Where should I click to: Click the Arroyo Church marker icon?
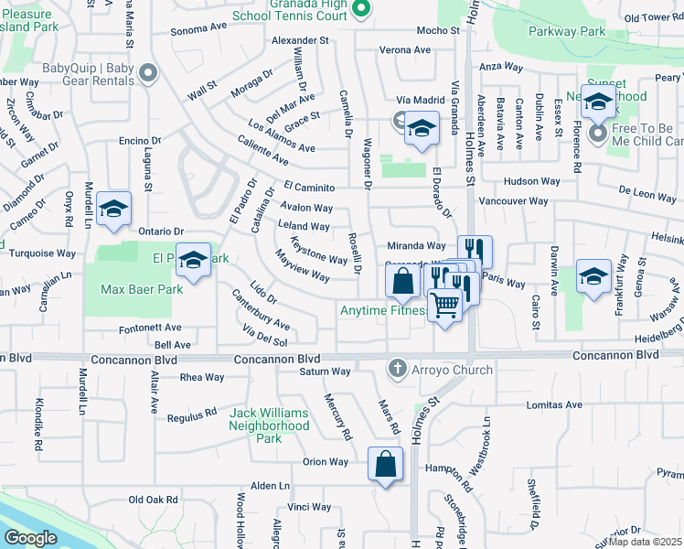click(397, 370)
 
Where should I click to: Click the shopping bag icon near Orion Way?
click(385, 463)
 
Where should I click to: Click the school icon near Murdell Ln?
click(113, 210)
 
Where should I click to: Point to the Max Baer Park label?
click(141, 289)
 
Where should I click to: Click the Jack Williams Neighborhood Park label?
click(269, 425)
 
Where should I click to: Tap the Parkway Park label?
click(567, 31)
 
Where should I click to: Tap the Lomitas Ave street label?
click(555, 404)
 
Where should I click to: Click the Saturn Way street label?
click(326, 371)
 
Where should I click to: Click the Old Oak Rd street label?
click(153, 499)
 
